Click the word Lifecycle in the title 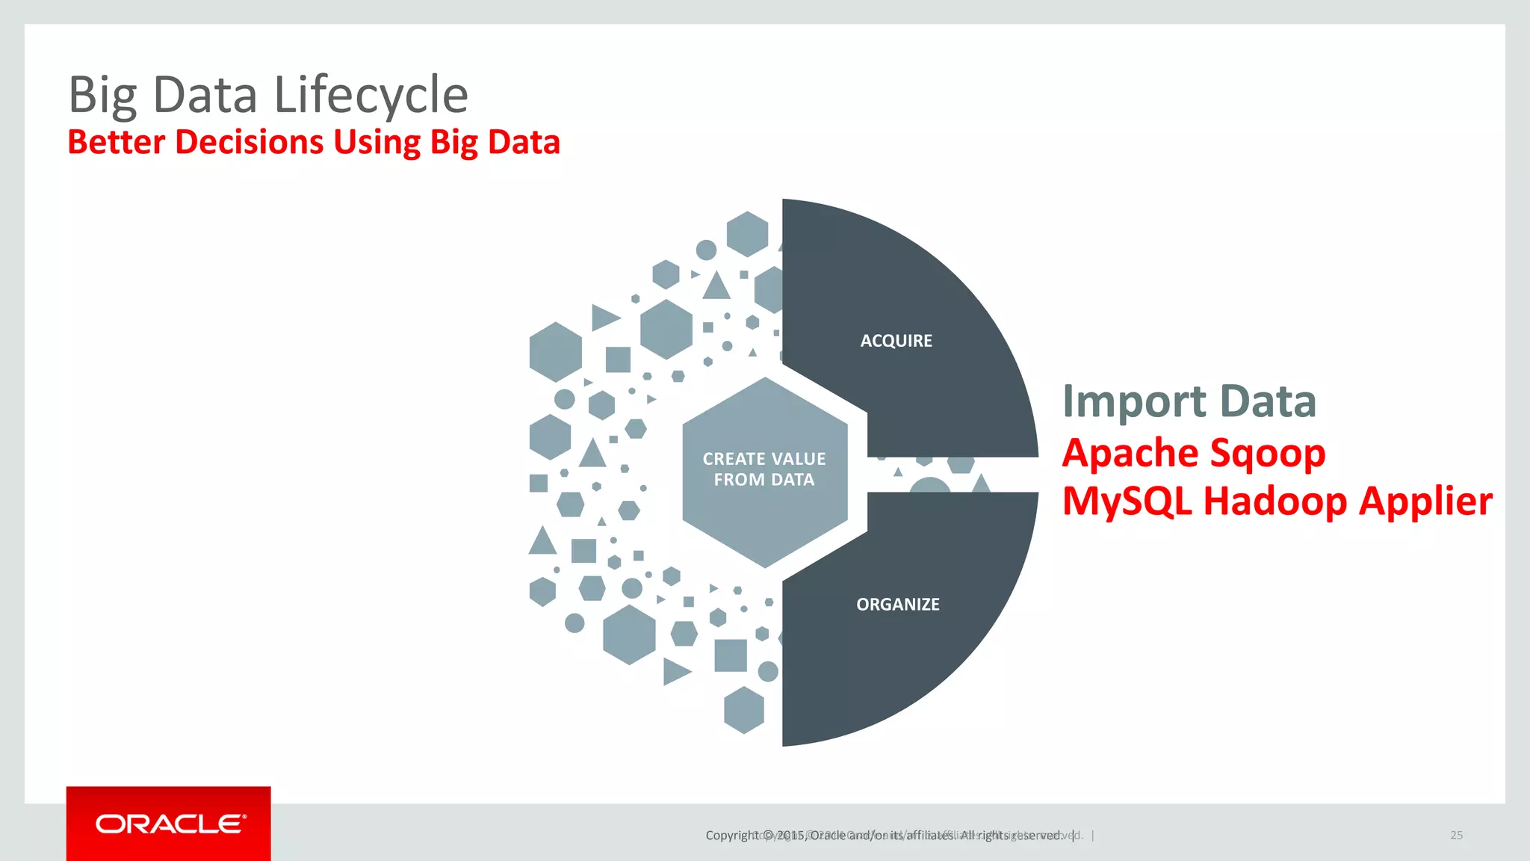tap(371, 95)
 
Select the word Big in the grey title tap(102, 95)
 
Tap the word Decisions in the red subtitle tap(249, 142)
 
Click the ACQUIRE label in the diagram tap(896, 341)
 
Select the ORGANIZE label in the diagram tap(897, 604)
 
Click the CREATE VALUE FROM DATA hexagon tap(764, 469)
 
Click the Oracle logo tap(169, 824)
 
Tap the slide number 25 tap(1456, 835)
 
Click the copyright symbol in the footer tap(767, 835)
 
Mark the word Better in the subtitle tap(116, 142)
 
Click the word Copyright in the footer tap(732, 835)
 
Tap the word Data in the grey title tap(205, 95)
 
